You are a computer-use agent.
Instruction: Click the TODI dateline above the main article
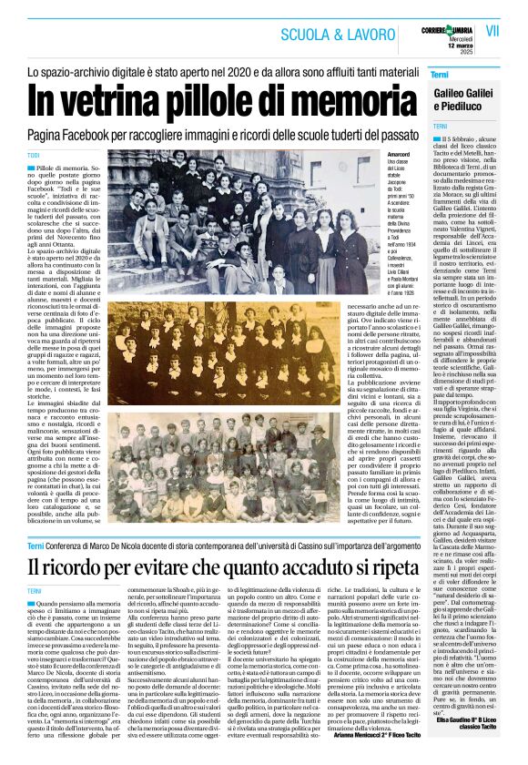tap(34, 155)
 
